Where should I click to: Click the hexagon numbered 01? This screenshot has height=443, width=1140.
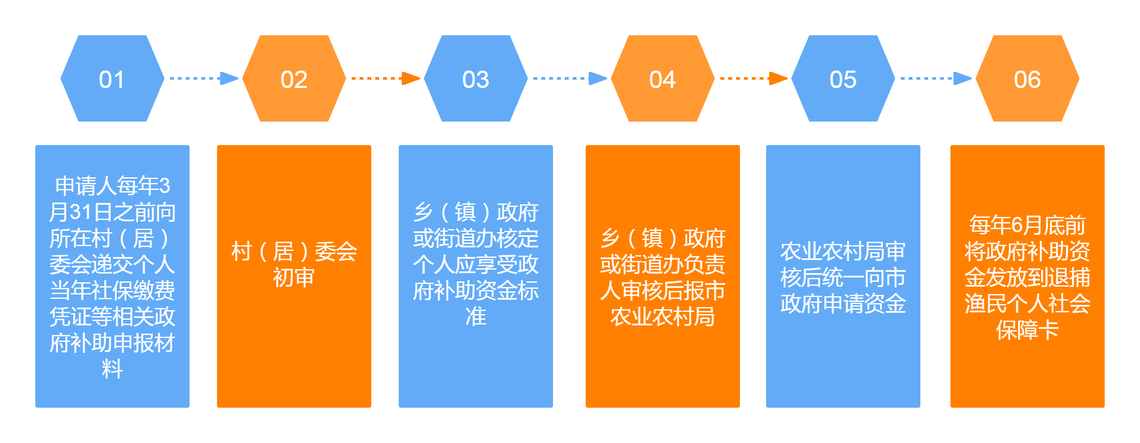tap(112, 79)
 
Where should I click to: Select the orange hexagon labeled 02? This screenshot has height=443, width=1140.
tap(294, 79)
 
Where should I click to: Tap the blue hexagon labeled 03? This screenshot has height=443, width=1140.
tap(476, 79)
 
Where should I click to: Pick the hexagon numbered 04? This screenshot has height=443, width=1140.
tap(662, 79)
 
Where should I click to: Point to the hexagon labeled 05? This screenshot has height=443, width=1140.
tap(843, 79)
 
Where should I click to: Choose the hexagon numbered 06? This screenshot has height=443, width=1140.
tap(1027, 79)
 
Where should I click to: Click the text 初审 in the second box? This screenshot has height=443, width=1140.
tap(294, 278)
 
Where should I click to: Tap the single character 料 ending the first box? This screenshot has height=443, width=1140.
tap(112, 369)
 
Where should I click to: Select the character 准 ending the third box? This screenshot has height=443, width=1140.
tap(476, 317)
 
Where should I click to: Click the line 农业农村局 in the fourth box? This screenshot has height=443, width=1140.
tap(662, 317)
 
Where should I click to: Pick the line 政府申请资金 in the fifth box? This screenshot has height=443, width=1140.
tap(843, 304)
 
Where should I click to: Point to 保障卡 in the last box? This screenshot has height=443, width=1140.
tap(1027, 330)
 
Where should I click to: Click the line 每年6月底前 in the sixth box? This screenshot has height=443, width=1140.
tap(1027, 225)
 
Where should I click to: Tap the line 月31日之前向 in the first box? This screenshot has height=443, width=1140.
tap(112, 212)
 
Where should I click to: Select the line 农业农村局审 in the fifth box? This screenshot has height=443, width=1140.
tap(843, 251)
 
